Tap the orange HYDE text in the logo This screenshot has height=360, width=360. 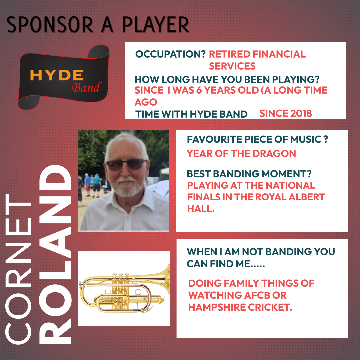pyautogui.click(x=57, y=75)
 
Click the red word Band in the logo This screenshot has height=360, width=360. pyautogui.click(x=87, y=87)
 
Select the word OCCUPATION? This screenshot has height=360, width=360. pyautogui.click(x=170, y=54)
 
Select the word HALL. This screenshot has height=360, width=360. pyautogui.click(x=201, y=209)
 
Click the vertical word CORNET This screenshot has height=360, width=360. pyautogui.click(x=18, y=269)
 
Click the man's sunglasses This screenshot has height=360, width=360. pyautogui.click(x=127, y=164)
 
